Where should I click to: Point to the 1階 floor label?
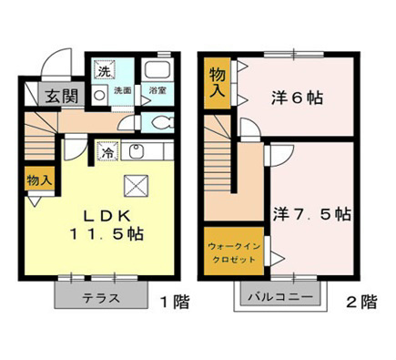[x=177, y=302]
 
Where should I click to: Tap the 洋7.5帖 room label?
[x=311, y=216]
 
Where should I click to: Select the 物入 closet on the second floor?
[x=218, y=82]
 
